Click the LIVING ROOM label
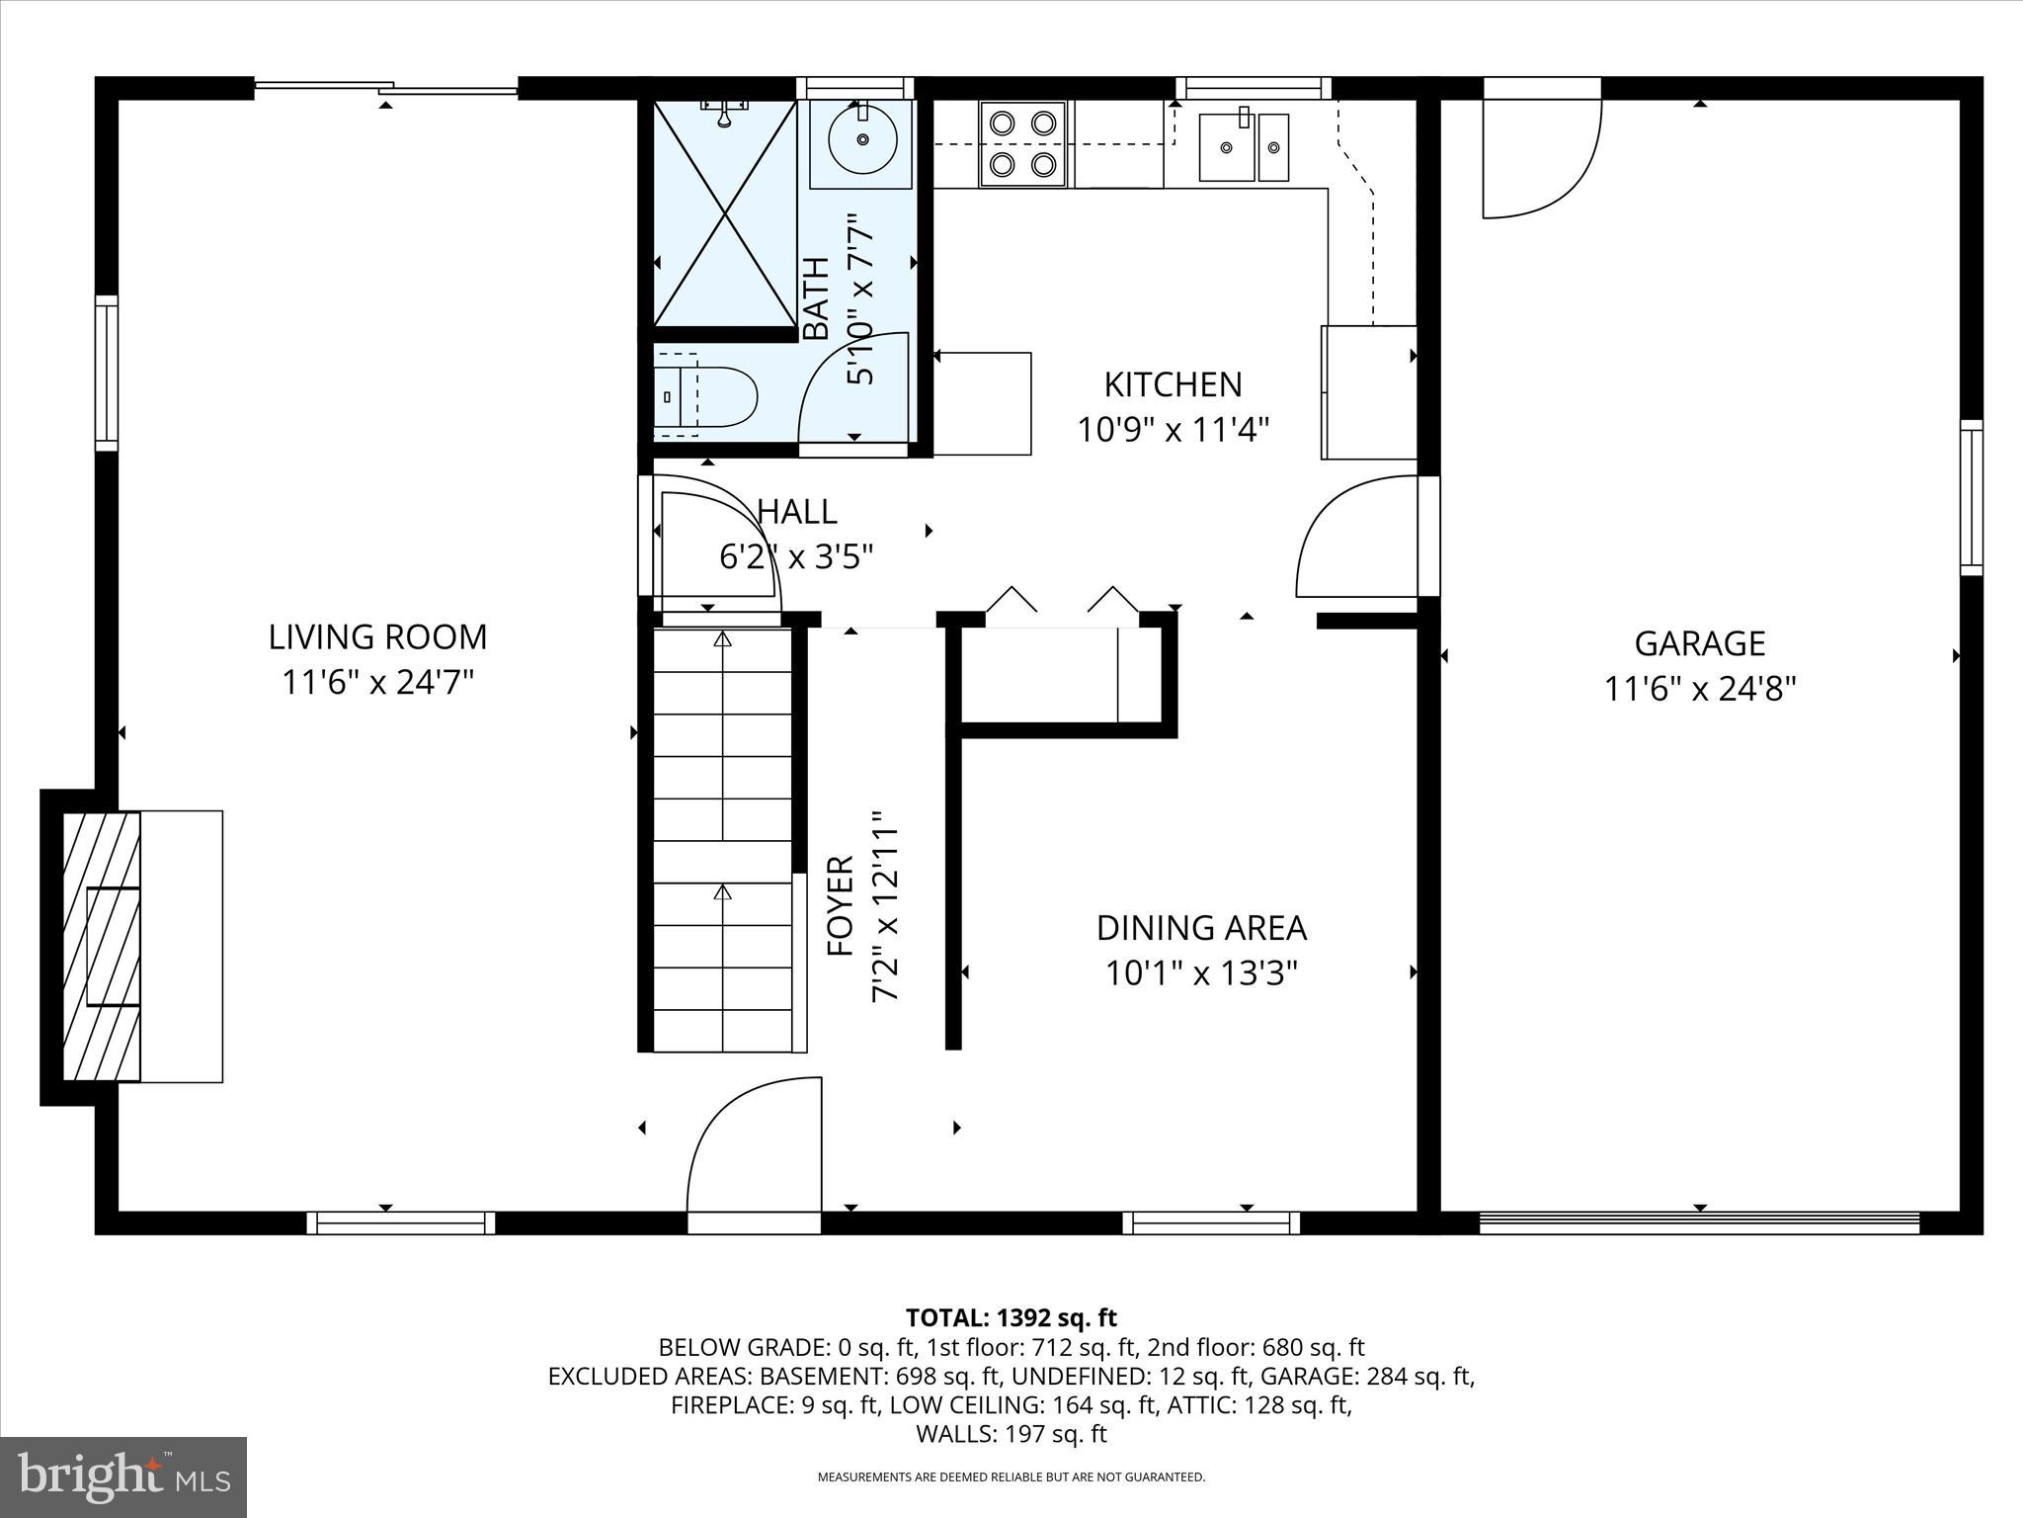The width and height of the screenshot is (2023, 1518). [x=377, y=636]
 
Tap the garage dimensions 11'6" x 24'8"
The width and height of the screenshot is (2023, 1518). [x=1699, y=689]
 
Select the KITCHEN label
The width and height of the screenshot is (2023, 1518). [x=1173, y=384]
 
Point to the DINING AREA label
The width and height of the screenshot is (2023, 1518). [x=1201, y=928]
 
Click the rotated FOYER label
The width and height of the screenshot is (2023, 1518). [x=840, y=906]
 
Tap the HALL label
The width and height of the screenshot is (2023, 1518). [x=797, y=511]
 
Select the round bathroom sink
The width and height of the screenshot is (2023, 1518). [x=861, y=140]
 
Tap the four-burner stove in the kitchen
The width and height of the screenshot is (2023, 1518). [x=1022, y=143]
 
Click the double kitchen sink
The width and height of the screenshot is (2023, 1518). [x=1244, y=147]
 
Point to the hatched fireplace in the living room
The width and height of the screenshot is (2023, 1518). [x=102, y=946]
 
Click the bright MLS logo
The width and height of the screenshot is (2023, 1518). [x=123, y=1476]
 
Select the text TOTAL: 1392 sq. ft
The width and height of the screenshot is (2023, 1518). [x=1011, y=1317]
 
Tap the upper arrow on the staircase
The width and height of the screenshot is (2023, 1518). [x=722, y=640]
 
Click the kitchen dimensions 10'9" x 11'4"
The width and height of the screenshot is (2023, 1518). [x=1173, y=430]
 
